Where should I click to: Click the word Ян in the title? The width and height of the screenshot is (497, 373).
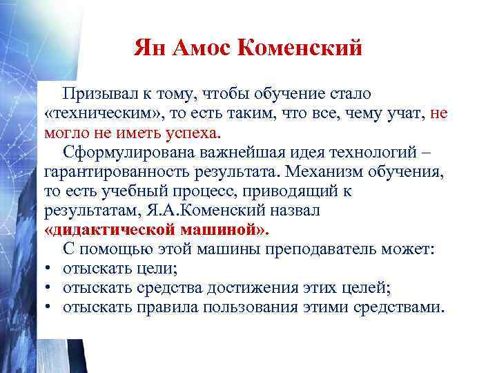[150, 49]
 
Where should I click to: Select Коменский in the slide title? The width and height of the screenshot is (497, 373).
[299, 49]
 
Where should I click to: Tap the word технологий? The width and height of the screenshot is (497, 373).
[392, 152]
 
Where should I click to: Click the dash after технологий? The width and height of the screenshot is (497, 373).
[444, 152]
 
